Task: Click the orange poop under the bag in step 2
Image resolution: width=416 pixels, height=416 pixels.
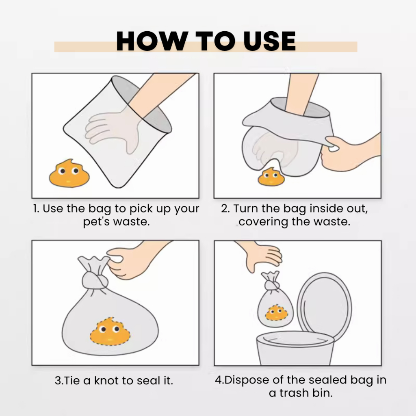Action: tap(271, 177)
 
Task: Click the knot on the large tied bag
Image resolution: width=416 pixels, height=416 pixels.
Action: tap(95, 281)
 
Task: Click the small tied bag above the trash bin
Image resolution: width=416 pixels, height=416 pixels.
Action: tap(275, 300)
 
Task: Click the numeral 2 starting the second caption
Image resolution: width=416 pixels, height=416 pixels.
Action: tap(224, 208)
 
